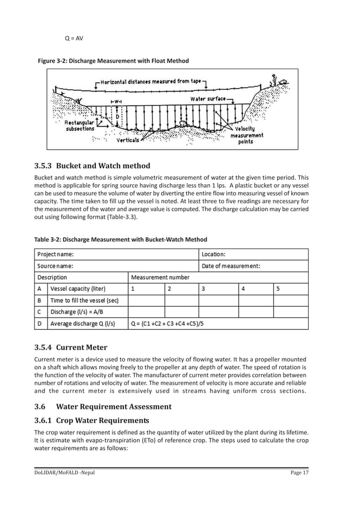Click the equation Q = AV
(x=74, y=38)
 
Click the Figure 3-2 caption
(x=113, y=60)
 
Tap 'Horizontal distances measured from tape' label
(x=151, y=81)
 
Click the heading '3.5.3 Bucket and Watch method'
(x=93, y=165)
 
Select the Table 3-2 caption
(x=121, y=239)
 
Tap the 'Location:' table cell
(x=213, y=254)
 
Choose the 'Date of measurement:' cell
(x=231, y=266)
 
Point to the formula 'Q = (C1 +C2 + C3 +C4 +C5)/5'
(x=167, y=324)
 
